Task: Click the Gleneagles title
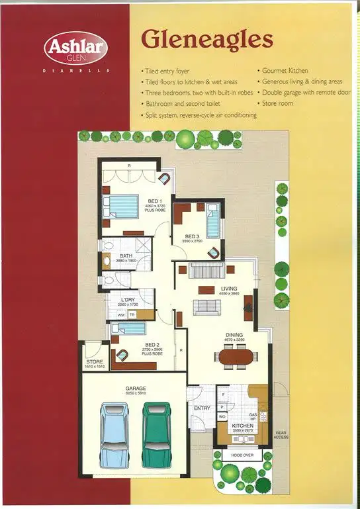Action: click(206, 40)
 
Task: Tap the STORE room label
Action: click(94, 362)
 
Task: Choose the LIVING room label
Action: click(229, 289)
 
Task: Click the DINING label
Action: click(235, 335)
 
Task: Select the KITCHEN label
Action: click(243, 426)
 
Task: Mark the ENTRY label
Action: click(201, 408)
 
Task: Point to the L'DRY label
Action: click(128, 300)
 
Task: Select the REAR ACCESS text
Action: click(281, 436)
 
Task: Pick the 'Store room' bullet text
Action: click(278, 104)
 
